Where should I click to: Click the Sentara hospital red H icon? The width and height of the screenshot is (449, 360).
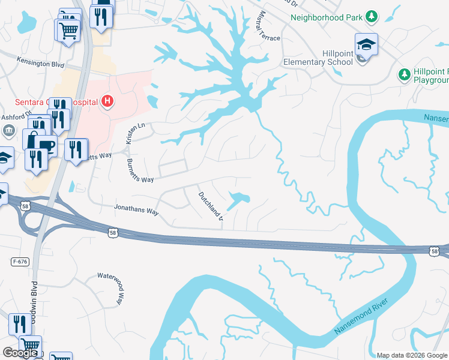(107, 101)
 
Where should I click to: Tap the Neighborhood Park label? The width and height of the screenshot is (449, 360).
(326, 17)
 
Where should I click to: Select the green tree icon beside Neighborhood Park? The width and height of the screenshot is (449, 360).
(372, 16)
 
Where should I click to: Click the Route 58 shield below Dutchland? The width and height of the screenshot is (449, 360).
(113, 231)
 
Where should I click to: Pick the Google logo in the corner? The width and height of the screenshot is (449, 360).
(20, 353)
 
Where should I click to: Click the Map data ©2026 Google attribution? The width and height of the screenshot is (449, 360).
(411, 355)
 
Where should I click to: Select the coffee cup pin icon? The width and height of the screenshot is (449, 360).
(46, 145)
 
